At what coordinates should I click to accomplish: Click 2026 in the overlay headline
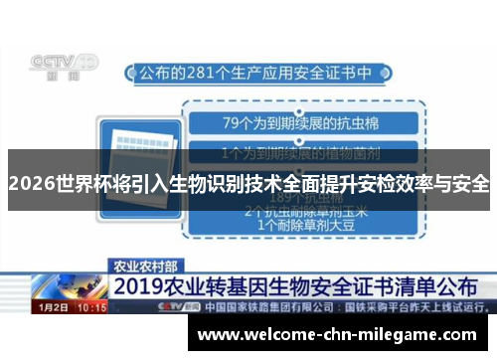coord(31,184)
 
